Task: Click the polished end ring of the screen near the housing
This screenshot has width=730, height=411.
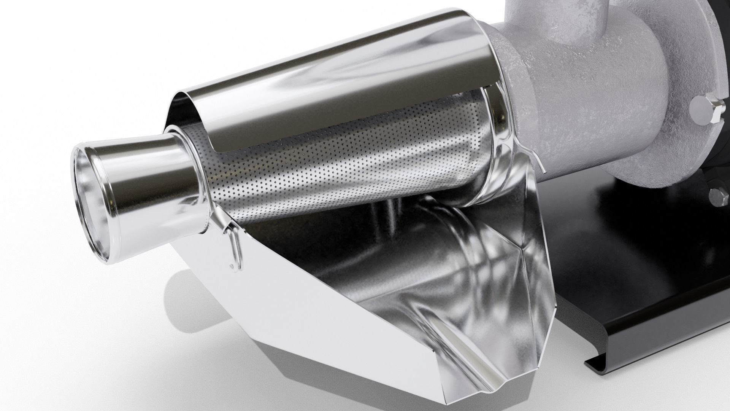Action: pos(490,160)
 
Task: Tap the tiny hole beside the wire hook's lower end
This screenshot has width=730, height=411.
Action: pos(231,265)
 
